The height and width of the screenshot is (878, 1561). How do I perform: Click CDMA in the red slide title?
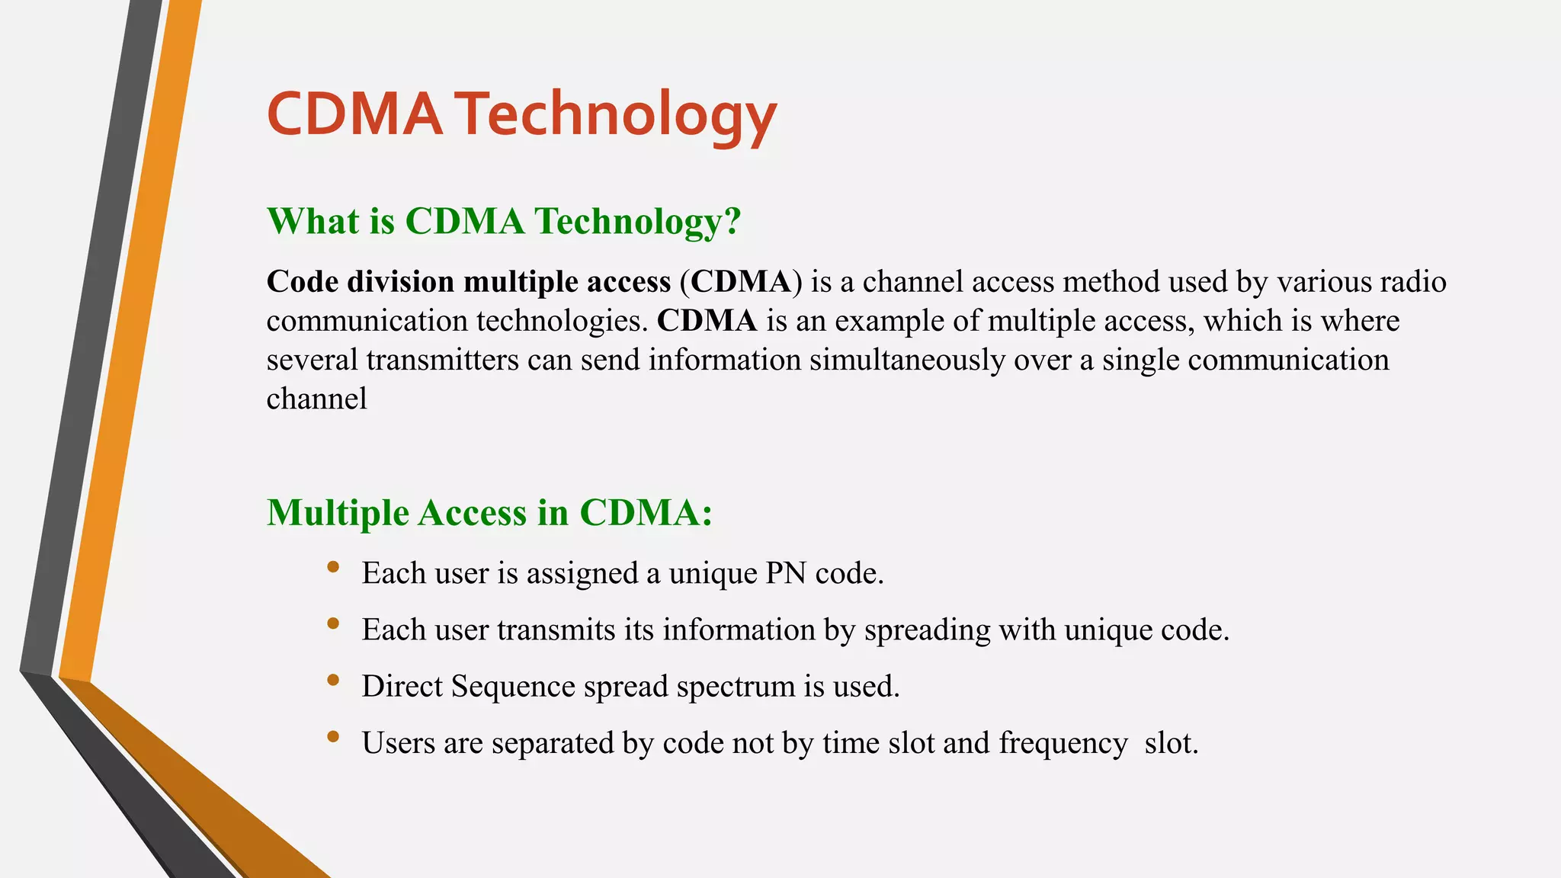(x=354, y=114)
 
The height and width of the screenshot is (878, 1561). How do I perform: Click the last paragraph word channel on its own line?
(x=316, y=399)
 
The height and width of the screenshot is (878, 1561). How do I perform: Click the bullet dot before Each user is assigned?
(x=332, y=566)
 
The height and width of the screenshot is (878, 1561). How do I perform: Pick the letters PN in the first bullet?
(x=785, y=573)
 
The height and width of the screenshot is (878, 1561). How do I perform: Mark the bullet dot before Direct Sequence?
(x=332, y=680)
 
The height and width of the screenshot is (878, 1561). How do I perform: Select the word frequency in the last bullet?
(x=1063, y=743)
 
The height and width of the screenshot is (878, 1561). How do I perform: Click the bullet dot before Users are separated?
(x=332, y=736)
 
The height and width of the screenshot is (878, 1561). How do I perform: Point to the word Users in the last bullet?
(x=398, y=743)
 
